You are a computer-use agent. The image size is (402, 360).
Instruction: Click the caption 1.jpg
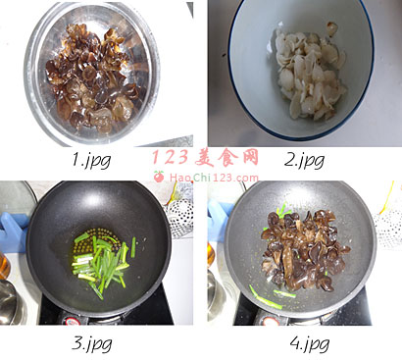coord(91,160)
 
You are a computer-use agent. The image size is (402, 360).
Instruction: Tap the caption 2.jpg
coord(304,160)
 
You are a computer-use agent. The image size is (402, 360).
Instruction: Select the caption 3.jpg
coord(92,343)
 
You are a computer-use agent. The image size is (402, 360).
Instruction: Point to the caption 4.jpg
coord(309,343)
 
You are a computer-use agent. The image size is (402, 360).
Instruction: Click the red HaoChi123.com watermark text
coord(214,178)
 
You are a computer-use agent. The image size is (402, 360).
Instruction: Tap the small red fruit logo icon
coord(159,177)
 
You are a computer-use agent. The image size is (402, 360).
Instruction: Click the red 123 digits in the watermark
coord(171,157)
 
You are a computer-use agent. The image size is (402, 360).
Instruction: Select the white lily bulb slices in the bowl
coord(309,74)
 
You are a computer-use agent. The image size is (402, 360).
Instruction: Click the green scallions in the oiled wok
coord(103,263)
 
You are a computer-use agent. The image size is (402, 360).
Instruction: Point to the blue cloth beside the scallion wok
coord(13,232)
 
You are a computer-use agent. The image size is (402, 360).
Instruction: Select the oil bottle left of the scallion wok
coord(5,265)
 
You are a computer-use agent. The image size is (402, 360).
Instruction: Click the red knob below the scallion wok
coord(73,321)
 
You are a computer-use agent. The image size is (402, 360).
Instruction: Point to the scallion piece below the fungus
coord(266,298)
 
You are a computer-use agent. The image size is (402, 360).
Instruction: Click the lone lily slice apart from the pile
coord(332,28)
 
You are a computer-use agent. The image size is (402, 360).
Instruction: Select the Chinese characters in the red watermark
coord(226,157)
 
